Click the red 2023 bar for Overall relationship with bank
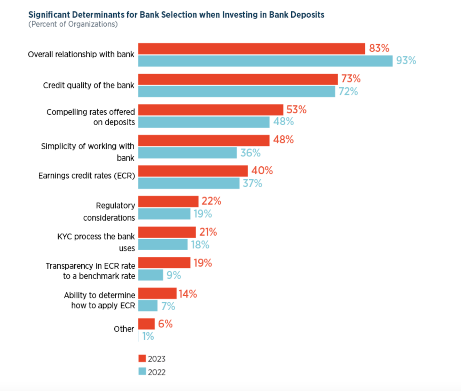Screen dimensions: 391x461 point(251,49)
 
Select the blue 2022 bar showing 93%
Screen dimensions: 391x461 point(265,61)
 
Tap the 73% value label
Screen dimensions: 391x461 point(351,79)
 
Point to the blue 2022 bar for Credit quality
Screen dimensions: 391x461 point(236,92)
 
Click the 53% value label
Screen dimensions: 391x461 point(296,110)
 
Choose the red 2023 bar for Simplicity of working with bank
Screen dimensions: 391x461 point(204,140)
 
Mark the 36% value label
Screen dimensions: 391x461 point(251,153)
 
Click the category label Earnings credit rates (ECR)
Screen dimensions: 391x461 point(86,176)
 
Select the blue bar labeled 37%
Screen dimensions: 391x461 point(189,183)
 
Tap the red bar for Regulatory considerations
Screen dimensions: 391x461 point(168,202)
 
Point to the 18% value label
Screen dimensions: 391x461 point(200,245)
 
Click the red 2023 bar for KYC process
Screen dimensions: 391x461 point(167,232)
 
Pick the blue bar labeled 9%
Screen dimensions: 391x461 point(151,275)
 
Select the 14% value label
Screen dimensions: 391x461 point(188,294)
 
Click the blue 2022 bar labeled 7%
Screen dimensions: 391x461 point(148,306)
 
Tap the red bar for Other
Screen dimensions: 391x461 point(146,324)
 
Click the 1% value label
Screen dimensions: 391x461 point(148,336)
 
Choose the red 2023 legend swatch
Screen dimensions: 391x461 point(142,358)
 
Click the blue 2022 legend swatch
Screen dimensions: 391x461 point(142,371)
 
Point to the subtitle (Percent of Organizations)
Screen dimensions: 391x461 point(73,24)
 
